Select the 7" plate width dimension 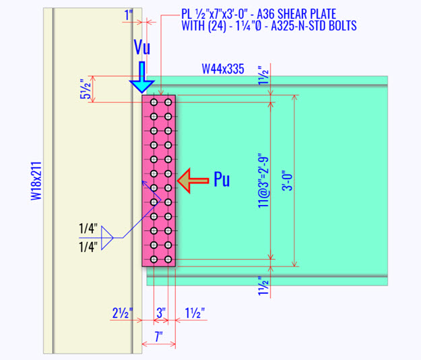pyautogui.click(x=158, y=338)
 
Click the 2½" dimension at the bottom pyautogui.click(x=121, y=313)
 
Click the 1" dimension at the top pyautogui.click(x=128, y=15)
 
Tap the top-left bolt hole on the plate pyautogui.click(x=154, y=102)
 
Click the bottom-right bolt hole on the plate pyautogui.click(x=166, y=259)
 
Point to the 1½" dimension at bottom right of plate pyautogui.click(x=195, y=313)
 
